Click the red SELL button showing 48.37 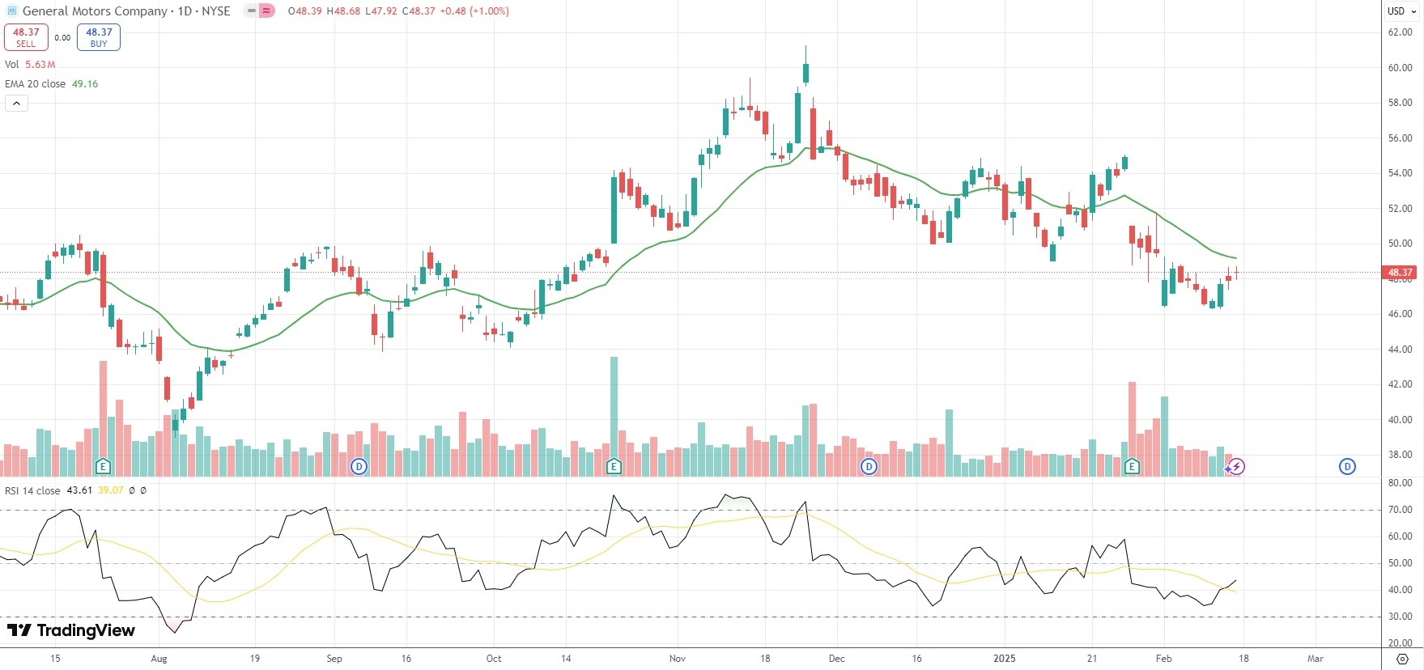(26, 37)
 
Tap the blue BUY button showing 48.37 (99, 37)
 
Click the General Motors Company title (95, 11)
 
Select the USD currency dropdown (1401, 11)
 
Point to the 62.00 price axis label (1400, 32)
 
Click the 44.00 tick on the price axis (1400, 350)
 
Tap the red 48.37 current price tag (1400, 273)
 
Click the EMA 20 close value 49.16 (85, 84)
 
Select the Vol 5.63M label (30, 65)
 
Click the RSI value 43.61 (79, 490)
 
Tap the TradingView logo (71, 630)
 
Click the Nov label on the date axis (678, 659)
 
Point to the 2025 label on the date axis (1004, 659)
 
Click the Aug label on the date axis (159, 659)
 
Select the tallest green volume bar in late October (614, 413)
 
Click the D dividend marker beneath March (1347, 466)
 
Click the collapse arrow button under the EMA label (16, 103)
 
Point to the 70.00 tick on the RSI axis (1400, 510)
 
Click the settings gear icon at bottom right (1402, 659)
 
